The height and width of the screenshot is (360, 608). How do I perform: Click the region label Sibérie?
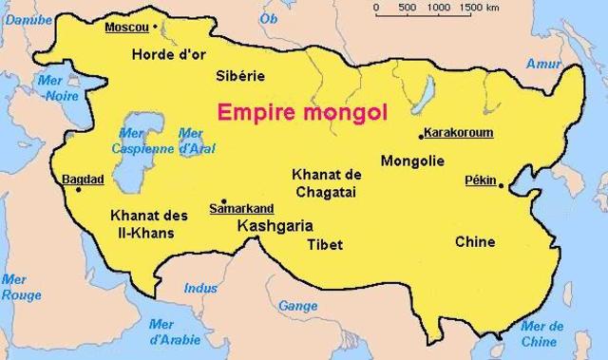(x=241, y=76)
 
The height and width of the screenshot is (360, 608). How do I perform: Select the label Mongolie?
(x=412, y=161)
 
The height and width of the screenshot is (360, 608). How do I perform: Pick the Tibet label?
(x=324, y=244)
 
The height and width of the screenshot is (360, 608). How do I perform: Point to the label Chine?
(x=475, y=241)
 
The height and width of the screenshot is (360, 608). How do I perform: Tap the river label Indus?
(x=200, y=288)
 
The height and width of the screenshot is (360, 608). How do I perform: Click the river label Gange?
(x=298, y=306)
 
